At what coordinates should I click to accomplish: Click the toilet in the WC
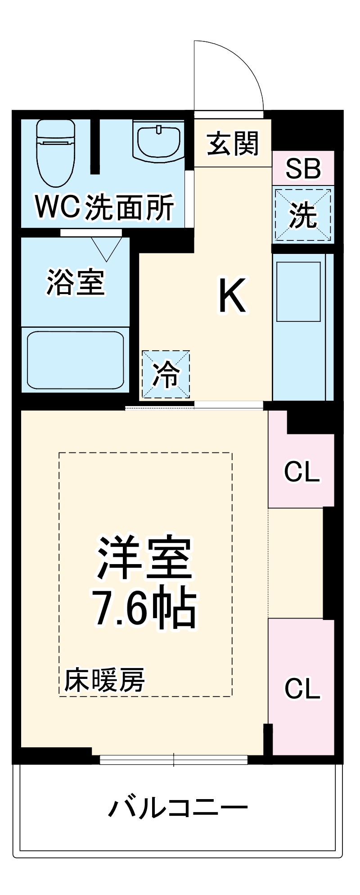tap(55, 153)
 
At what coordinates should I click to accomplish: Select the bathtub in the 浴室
tap(75, 360)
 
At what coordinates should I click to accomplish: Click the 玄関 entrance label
tap(233, 144)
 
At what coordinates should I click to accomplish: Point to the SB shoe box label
tap(303, 169)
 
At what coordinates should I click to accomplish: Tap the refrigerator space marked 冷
tap(166, 375)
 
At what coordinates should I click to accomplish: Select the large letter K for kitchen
tap(232, 295)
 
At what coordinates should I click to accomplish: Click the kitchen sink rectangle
tap(298, 292)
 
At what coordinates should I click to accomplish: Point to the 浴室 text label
tap(76, 283)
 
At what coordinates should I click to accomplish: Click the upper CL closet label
tap(302, 472)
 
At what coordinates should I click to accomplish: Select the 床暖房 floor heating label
tap(104, 680)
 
